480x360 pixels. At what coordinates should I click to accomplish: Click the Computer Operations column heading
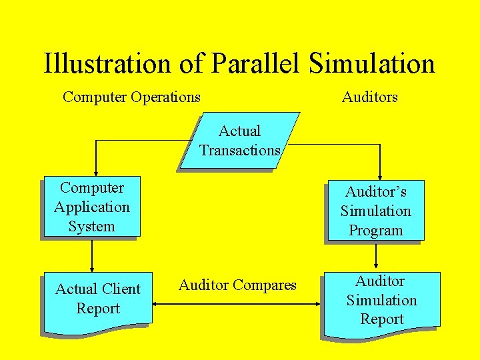[131, 97]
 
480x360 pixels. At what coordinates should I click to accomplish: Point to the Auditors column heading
[369, 97]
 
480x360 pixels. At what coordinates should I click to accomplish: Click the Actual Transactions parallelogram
[239, 141]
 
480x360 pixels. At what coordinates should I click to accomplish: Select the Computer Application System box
[91, 207]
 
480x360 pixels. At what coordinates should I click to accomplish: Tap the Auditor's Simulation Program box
[375, 211]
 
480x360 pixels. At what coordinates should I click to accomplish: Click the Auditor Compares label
[237, 285]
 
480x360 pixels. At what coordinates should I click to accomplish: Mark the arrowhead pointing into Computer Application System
[96, 171]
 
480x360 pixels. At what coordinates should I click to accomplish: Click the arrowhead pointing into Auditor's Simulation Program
[380, 176]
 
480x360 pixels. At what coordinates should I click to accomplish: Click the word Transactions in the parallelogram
[239, 151]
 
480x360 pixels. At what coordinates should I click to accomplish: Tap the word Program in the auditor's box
[376, 231]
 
